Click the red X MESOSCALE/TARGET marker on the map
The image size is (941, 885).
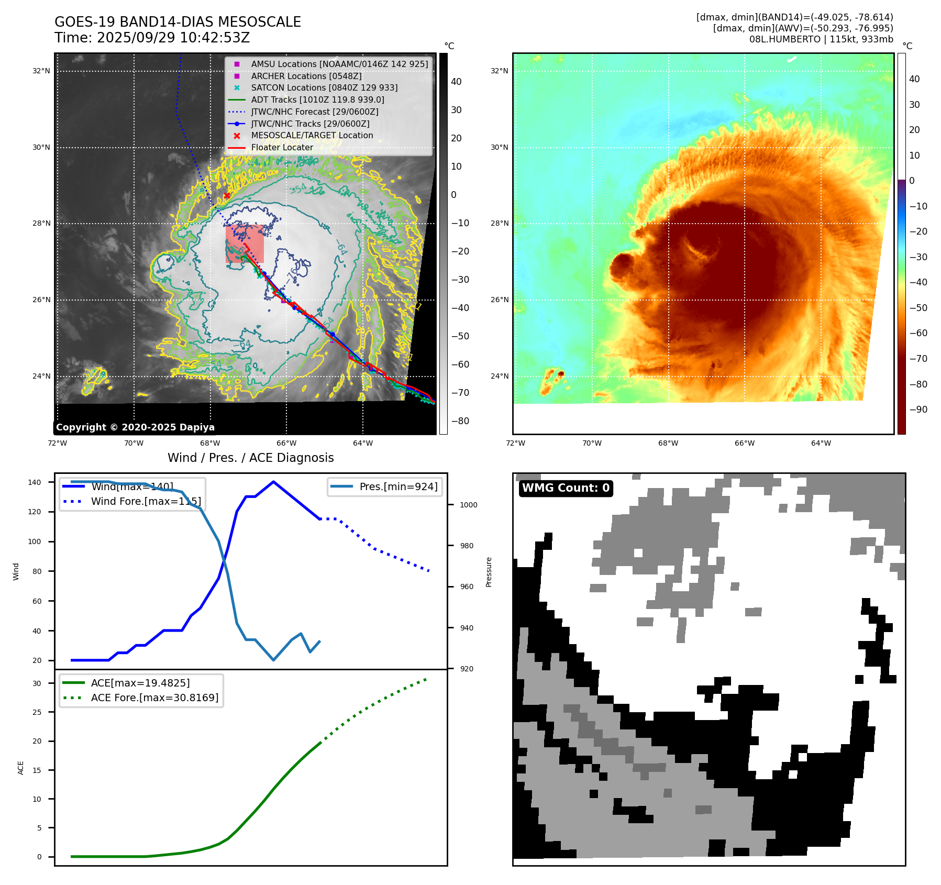pyautogui.click(x=227, y=196)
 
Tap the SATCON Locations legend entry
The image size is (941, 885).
pyautogui.click(x=324, y=88)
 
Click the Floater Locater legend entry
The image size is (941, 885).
pyautogui.click(x=282, y=148)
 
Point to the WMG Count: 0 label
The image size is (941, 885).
pyautogui.click(x=566, y=488)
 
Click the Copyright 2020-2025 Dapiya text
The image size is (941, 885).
pyautogui.click(x=135, y=427)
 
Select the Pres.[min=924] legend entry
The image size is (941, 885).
pyautogui.click(x=398, y=486)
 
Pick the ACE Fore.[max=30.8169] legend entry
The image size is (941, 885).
pyautogui.click(x=154, y=698)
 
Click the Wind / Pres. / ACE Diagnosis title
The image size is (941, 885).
pyautogui.click(x=250, y=458)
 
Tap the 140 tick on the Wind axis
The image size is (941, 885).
pyautogui.click(x=35, y=482)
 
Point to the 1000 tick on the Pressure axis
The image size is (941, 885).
pyautogui.click(x=468, y=505)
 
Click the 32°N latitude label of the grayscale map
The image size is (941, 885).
pyautogui.click(x=41, y=71)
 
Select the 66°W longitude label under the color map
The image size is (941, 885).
pyautogui.click(x=744, y=444)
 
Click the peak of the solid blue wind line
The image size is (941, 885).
pyautogui.click(x=273, y=482)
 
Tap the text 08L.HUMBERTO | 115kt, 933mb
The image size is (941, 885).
pyautogui.click(x=821, y=39)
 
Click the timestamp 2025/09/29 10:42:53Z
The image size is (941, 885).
pyautogui.click(x=173, y=38)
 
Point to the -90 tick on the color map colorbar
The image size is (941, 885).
pyautogui.click(x=918, y=410)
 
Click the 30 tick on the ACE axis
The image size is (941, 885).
pyautogui.click(x=37, y=683)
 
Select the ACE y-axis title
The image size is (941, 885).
pyautogui.click(x=21, y=768)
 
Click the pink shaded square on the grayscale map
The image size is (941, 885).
pyautogui.click(x=245, y=244)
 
